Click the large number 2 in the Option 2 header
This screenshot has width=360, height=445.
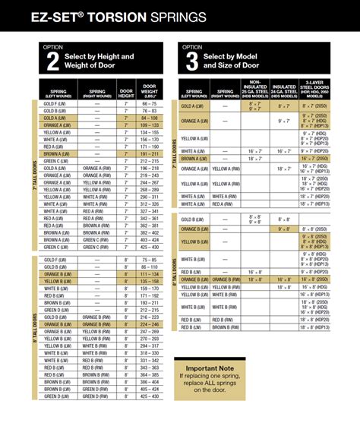[52, 62]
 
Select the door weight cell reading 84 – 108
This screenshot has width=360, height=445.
[150, 118]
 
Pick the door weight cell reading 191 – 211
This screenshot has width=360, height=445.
[150, 153]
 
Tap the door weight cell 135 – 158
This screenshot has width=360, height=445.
[150, 281]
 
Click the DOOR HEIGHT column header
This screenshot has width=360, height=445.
[125, 90]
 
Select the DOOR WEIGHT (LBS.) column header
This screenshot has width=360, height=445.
[150, 90]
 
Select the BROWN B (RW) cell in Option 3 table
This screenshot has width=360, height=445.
[225, 327]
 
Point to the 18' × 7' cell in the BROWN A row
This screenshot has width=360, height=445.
[255, 159]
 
